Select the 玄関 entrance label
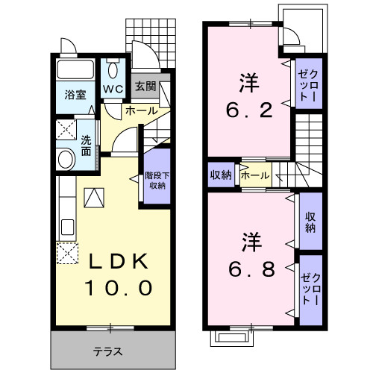pos(145,86)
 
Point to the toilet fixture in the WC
pos(113,72)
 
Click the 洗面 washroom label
pos(87,145)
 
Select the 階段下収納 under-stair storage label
pos(157,180)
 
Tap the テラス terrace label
pos(107,351)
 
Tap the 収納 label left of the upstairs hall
pos(221,175)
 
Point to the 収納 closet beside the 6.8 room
pos(310,221)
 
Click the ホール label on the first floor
pos(141,111)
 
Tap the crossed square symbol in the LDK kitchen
pos(68,253)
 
